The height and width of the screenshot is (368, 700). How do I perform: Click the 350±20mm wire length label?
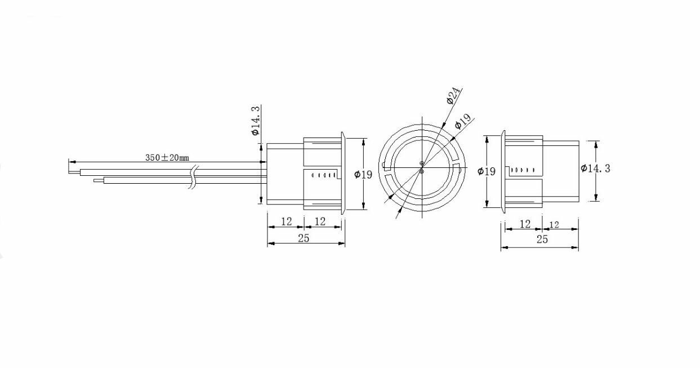coord(167,157)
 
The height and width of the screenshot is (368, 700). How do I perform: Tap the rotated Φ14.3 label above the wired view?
coord(256,121)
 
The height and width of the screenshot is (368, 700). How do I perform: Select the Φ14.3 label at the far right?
coord(595,169)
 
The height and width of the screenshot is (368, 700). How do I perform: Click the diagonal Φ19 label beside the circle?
coord(463,121)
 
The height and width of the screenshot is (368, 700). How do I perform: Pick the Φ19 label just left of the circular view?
coord(363,174)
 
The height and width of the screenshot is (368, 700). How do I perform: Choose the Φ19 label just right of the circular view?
coord(487,171)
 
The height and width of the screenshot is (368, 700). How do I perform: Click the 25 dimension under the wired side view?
coord(304,238)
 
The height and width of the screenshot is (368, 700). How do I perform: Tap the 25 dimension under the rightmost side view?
coord(542,239)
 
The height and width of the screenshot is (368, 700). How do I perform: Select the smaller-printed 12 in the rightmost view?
coord(554,224)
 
